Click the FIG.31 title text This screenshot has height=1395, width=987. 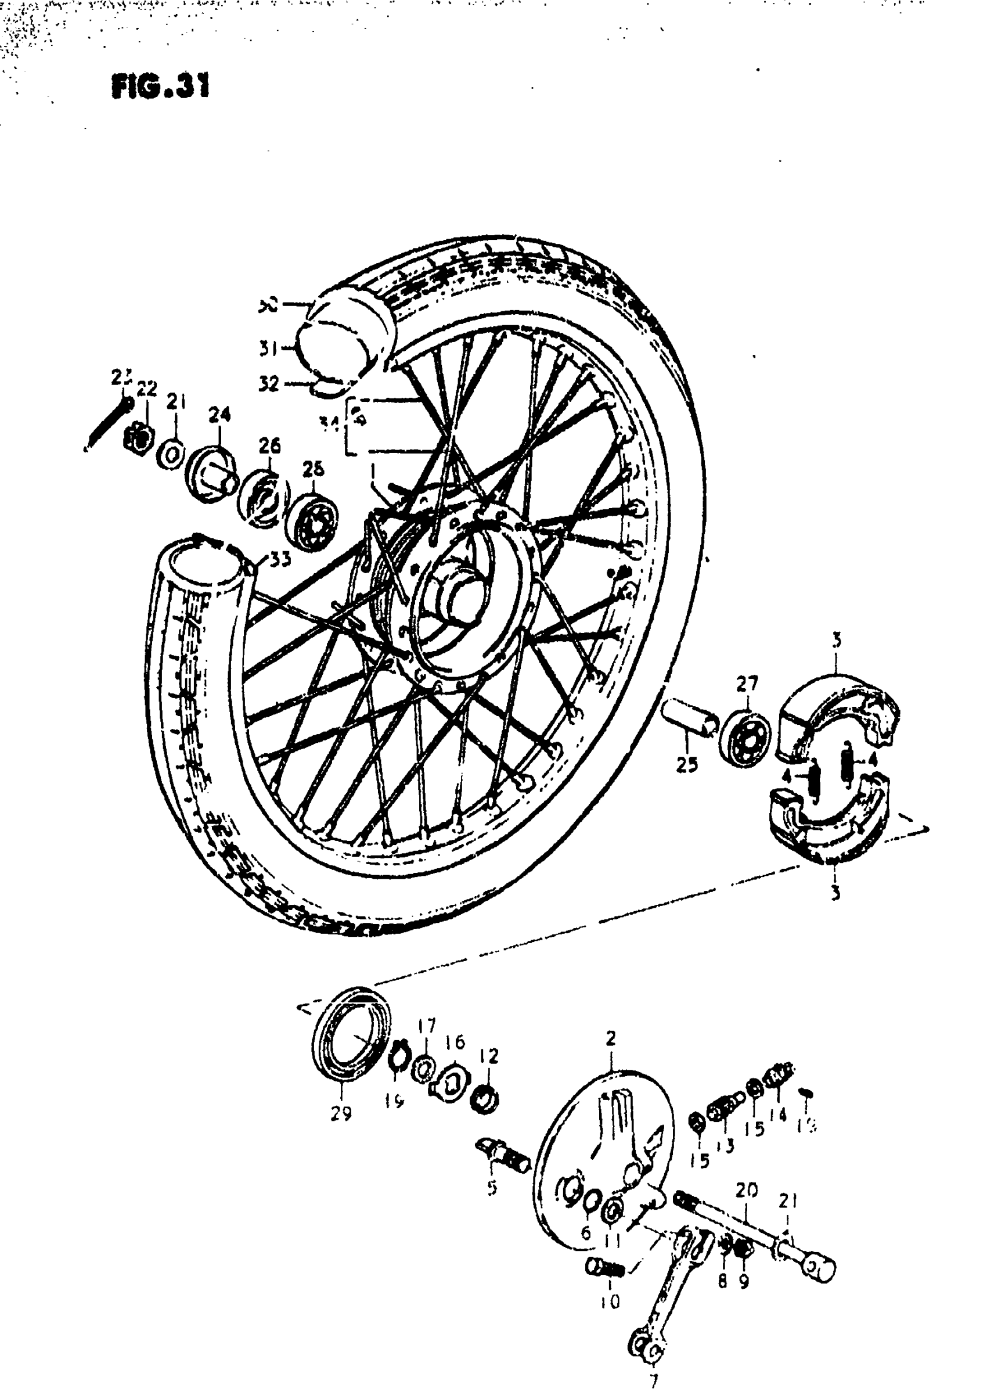click(x=160, y=87)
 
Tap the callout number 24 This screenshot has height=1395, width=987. click(x=219, y=415)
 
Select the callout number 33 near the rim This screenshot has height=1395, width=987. click(x=280, y=559)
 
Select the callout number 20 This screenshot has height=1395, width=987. click(x=746, y=1191)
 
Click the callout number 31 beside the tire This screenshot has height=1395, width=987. click(x=268, y=349)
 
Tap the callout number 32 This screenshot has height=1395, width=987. click(x=268, y=383)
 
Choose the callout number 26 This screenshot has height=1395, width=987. click(x=269, y=447)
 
